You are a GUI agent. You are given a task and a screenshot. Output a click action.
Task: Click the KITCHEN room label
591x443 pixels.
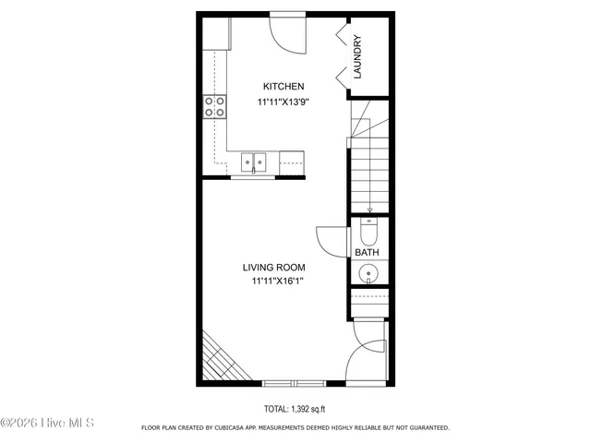tap(282, 86)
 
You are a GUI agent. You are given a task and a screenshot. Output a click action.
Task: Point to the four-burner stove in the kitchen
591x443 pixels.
tap(215, 107)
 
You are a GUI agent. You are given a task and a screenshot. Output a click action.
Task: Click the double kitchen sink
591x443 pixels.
tap(254, 162)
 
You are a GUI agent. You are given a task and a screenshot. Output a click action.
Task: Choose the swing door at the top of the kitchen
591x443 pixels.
tap(285, 35)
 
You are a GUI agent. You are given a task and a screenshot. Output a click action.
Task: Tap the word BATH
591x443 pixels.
tap(368, 252)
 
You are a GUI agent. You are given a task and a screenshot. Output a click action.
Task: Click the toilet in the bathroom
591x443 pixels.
tap(368, 231)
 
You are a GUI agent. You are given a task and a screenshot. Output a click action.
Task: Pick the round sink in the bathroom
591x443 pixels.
tap(368, 273)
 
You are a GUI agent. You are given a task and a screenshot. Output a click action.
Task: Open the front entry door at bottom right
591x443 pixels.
tap(368, 360)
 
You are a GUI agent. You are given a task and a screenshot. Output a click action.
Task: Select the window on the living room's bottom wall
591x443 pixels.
tap(293, 382)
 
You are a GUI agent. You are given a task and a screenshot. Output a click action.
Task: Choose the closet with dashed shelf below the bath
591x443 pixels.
tap(368, 302)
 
